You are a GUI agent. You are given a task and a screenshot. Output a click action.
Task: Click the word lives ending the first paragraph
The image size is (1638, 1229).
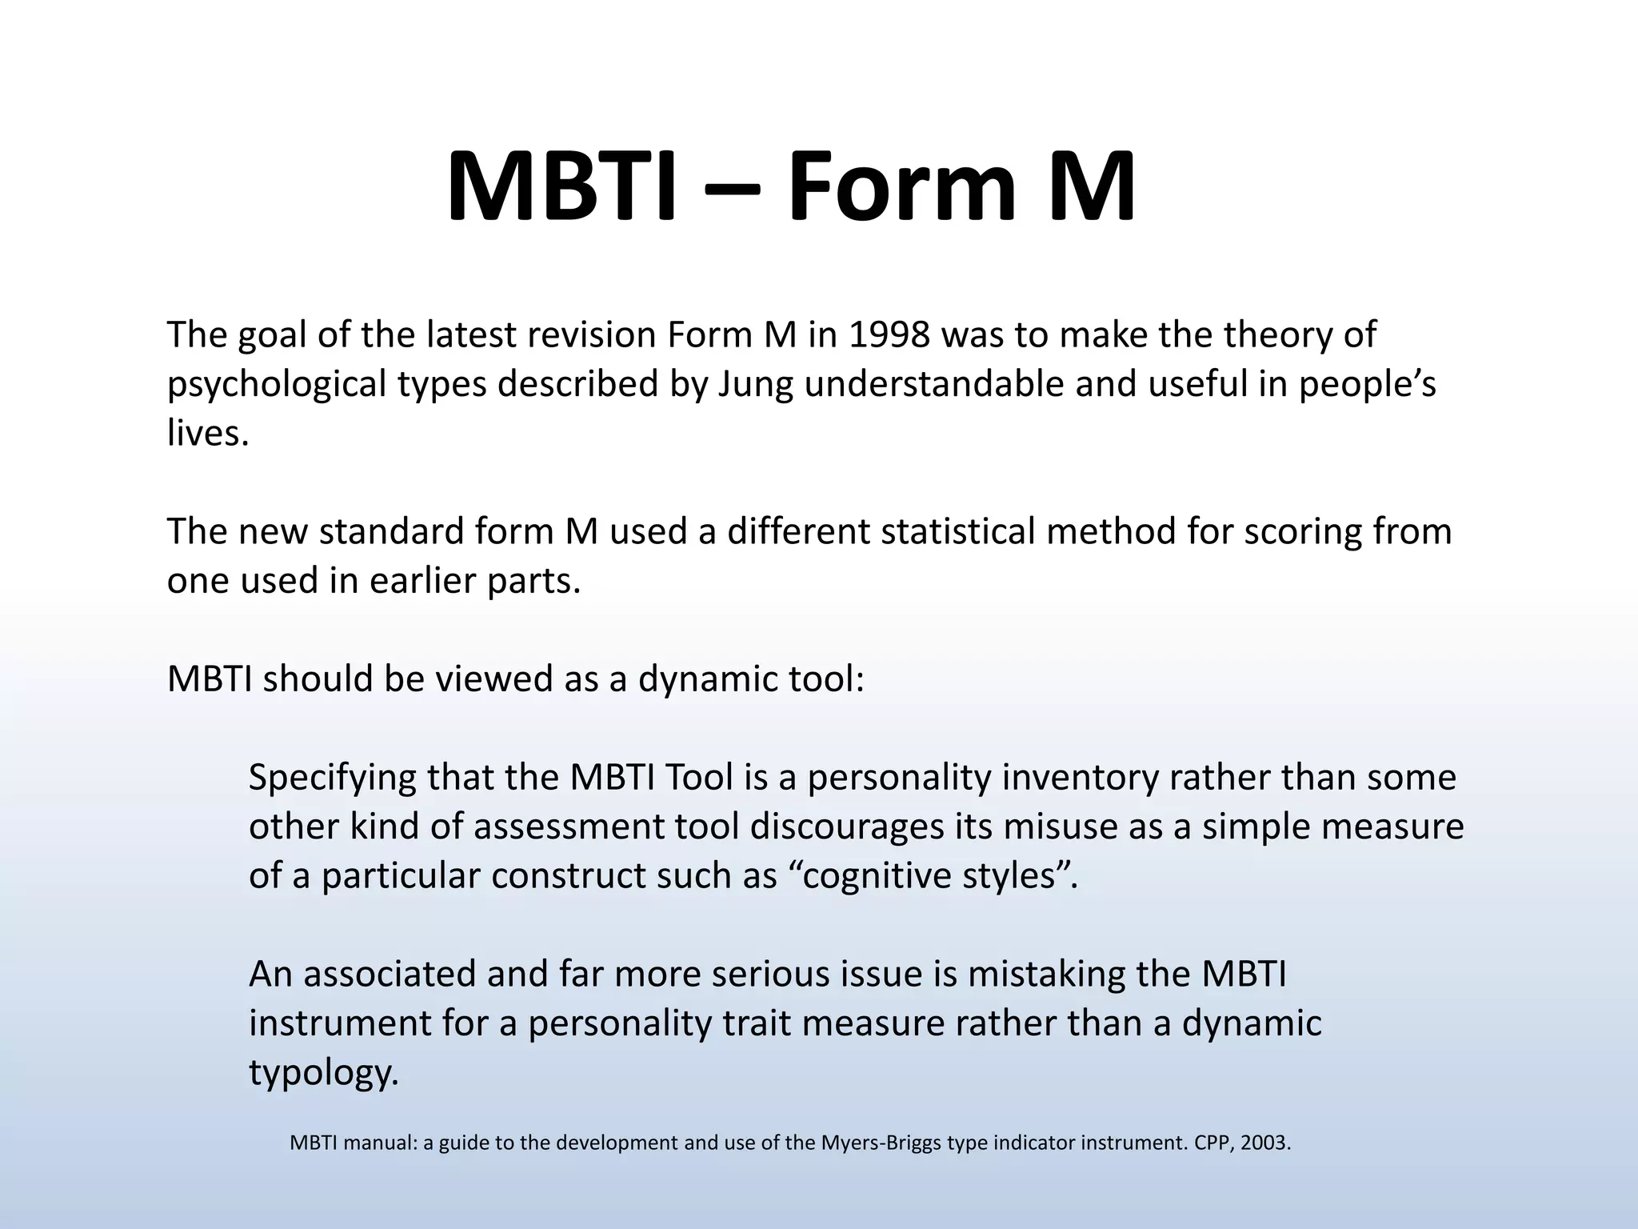coord(206,434)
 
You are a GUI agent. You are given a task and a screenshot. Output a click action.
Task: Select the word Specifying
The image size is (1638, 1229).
coord(332,778)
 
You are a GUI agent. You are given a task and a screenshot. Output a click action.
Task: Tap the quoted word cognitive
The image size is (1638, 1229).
coord(873,876)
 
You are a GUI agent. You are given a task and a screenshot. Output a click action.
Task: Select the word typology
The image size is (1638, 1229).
coord(322,1073)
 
